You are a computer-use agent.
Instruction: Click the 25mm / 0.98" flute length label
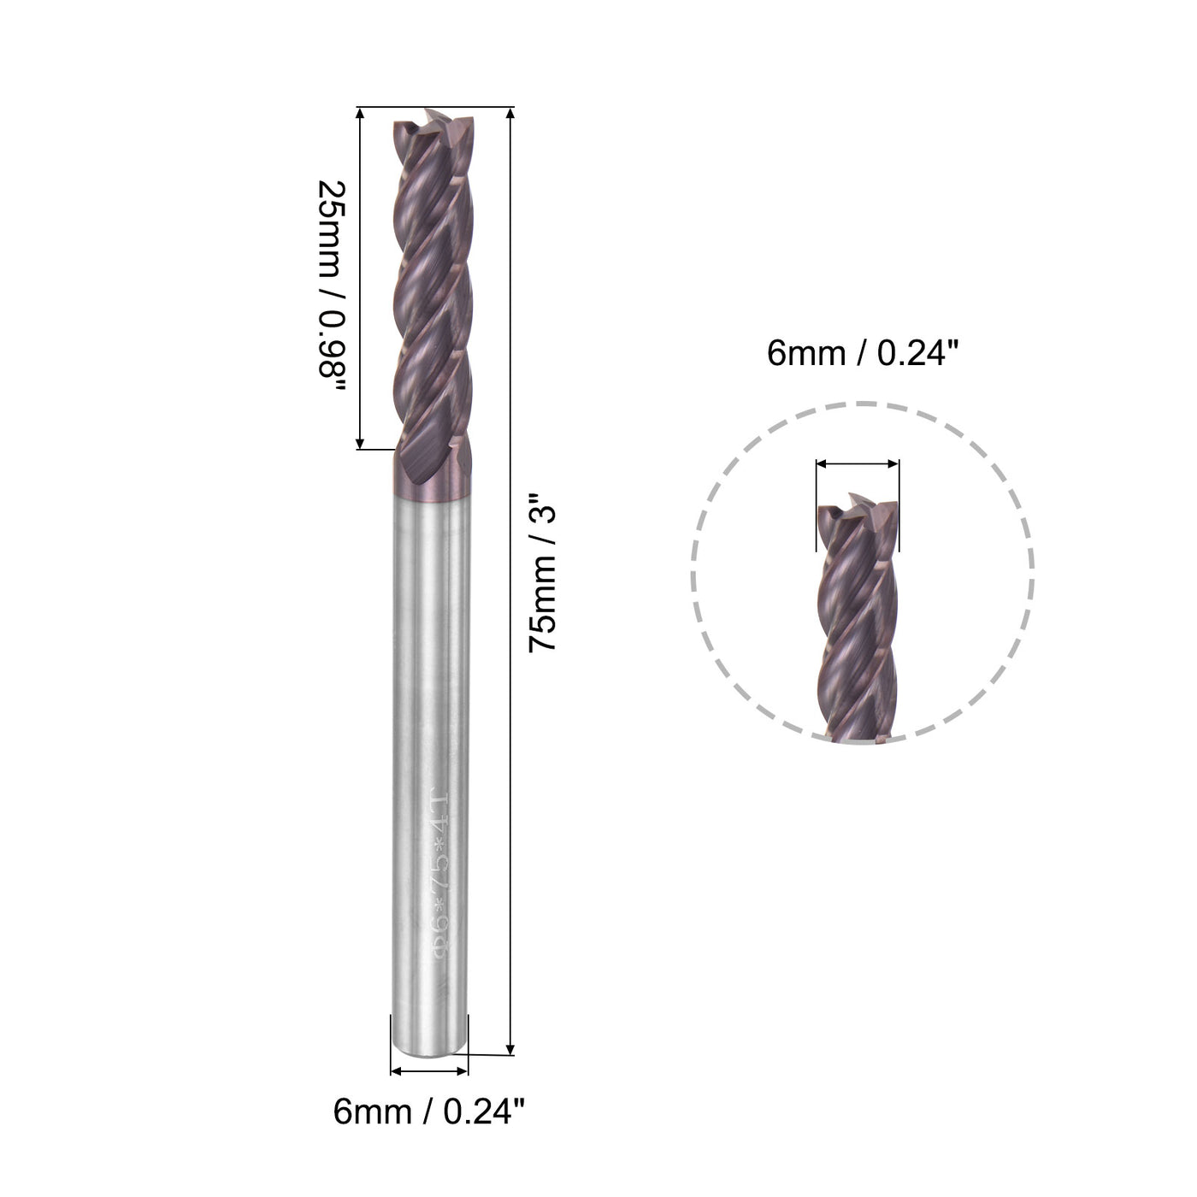click(x=331, y=287)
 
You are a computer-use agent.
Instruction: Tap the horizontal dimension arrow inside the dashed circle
click(x=858, y=463)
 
